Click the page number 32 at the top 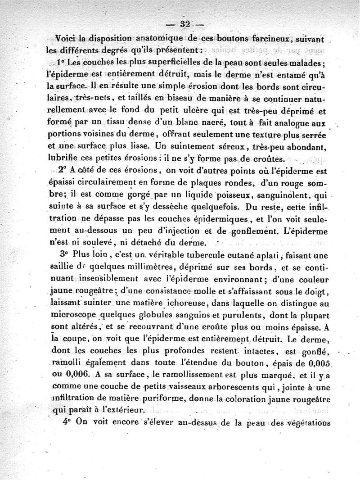coord(185,24)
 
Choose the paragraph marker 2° coord(62,170)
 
